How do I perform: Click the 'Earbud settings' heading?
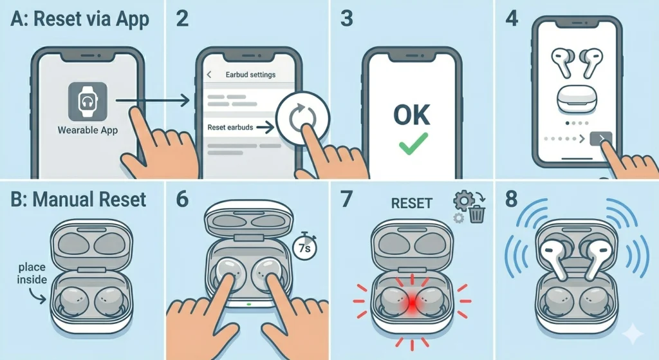click(250, 75)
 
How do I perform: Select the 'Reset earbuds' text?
click(230, 128)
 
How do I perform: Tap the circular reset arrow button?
click(302, 120)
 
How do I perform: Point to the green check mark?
click(411, 145)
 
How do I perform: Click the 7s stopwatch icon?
click(304, 245)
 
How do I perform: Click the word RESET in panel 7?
click(411, 204)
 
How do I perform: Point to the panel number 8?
click(512, 198)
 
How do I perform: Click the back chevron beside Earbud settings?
click(209, 75)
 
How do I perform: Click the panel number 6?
click(182, 198)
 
